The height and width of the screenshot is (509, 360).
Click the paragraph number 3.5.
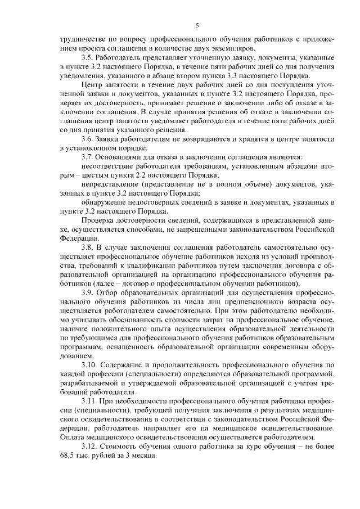[88, 58]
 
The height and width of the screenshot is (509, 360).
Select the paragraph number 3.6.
[88, 139]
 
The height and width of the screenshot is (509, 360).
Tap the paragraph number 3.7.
[88, 157]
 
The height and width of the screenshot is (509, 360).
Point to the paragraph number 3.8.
[88, 247]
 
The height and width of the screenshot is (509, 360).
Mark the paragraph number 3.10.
[90, 365]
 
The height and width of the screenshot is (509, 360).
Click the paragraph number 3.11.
[90, 402]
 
